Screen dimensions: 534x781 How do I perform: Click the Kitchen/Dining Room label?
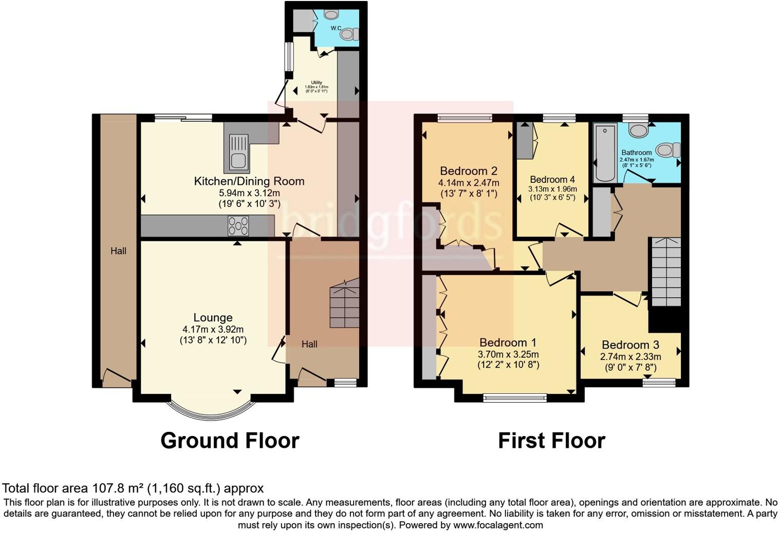coord(249,181)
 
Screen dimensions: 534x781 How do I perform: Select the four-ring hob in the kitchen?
coord(238,226)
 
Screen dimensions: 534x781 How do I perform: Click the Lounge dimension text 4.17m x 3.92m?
coord(213,330)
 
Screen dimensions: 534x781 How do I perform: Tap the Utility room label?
coord(317,83)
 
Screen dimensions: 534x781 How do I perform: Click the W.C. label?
coord(336,28)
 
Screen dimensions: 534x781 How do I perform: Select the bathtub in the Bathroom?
coord(605,152)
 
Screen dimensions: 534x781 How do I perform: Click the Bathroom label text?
coord(636,152)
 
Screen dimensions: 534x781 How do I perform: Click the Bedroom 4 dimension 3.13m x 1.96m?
coord(552,189)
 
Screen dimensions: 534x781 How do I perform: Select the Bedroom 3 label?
coord(630,345)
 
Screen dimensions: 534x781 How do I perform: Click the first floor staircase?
coord(666,272)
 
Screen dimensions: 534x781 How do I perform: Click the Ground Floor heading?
coord(230,441)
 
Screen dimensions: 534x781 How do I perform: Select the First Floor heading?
coord(551,441)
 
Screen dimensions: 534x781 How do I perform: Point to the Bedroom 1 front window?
coord(515,397)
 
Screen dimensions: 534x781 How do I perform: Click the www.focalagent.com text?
coord(497,525)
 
